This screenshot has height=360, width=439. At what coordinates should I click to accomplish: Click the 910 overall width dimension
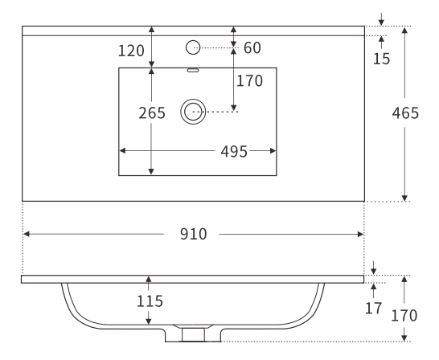[193, 235]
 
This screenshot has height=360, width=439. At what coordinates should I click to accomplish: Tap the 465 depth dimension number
[404, 113]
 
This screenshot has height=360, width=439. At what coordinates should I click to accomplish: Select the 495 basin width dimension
[235, 151]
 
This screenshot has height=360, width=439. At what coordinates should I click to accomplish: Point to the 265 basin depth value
[152, 113]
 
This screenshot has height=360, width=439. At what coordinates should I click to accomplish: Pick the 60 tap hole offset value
[252, 48]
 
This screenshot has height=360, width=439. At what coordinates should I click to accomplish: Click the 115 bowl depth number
[150, 301]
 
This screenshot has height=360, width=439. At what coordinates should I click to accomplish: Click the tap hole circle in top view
[192, 47]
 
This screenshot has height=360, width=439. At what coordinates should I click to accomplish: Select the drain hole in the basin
[192, 112]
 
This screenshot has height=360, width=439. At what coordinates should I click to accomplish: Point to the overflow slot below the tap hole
[192, 70]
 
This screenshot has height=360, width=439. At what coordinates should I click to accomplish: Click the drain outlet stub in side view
[193, 333]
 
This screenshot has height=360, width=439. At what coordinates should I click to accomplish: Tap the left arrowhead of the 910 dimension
[26, 234]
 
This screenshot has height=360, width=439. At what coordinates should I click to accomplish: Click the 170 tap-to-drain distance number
[250, 80]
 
